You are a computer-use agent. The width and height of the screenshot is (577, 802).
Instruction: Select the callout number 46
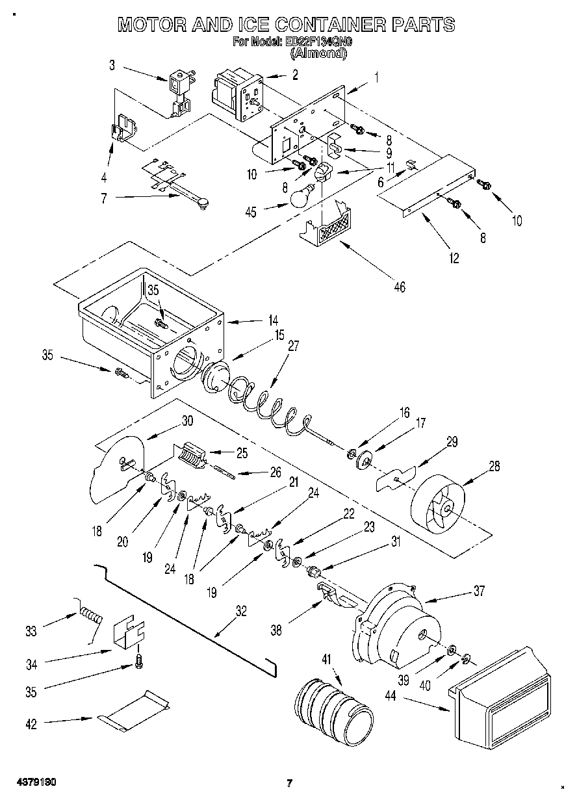tap(399, 286)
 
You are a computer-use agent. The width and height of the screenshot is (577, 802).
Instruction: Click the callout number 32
tap(241, 610)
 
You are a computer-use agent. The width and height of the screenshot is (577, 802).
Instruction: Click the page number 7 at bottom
tap(290, 783)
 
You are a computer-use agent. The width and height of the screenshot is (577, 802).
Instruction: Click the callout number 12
tap(453, 259)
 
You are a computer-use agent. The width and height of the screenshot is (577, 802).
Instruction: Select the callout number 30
tap(187, 420)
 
